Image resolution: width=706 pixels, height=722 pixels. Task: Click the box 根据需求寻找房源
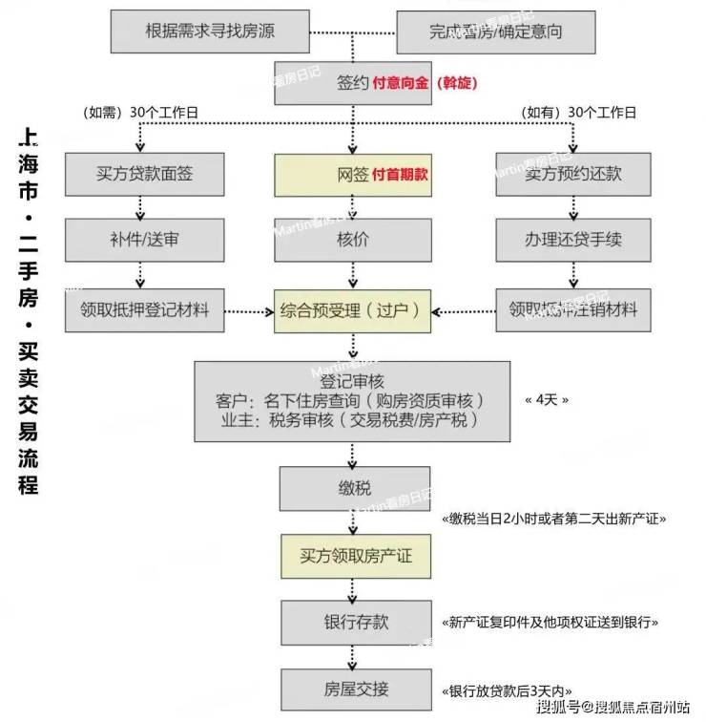click(211, 31)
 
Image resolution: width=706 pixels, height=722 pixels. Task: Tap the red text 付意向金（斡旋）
click(426, 83)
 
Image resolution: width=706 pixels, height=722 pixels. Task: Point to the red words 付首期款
click(400, 175)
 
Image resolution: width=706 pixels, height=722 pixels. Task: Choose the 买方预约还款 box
click(572, 175)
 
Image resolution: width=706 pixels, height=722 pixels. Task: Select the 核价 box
click(353, 239)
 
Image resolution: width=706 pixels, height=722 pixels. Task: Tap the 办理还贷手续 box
click(572, 239)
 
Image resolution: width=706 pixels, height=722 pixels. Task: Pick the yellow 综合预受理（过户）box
click(353, 310)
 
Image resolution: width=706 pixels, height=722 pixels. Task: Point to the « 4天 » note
click(547, 399)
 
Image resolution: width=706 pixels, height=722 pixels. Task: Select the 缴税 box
click(353, 489)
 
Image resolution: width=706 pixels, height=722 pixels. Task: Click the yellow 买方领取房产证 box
click(353, 556)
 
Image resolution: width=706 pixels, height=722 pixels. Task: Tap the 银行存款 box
click(353, 622)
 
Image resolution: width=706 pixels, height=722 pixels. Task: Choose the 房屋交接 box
click(353, 689)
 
